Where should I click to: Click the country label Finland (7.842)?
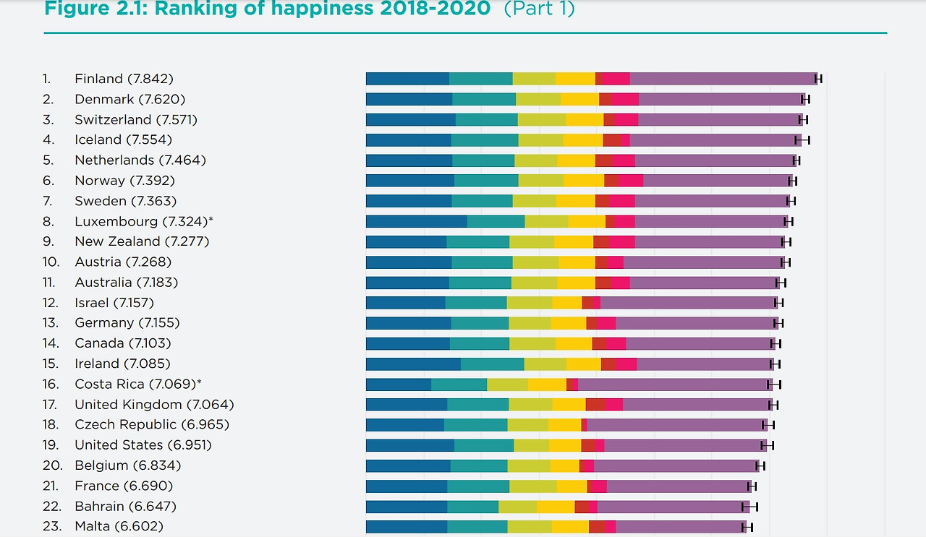click(124, 79)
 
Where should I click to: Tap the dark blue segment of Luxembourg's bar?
click(416, 221)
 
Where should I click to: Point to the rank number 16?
click(50, 384)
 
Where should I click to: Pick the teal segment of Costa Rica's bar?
click(459, 384)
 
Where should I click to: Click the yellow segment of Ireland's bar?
click(583, 364)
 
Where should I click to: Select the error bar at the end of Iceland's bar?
click(802, 139)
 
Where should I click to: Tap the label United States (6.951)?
click(143, 444)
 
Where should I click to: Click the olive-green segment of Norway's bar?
click(540, 181)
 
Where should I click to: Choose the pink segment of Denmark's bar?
click(625, 99)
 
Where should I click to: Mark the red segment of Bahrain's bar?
click(582, 506)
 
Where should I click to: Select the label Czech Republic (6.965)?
click(152, 424)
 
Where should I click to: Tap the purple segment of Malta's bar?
click(680, 526)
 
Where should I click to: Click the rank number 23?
click(51, 526)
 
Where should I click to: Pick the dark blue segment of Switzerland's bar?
click(410, 119)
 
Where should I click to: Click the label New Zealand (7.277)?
click(142, 241)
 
